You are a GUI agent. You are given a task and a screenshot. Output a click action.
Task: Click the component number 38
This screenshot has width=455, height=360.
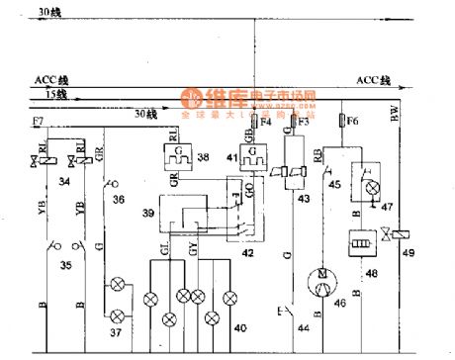pyautogui.click(x=203, y=155)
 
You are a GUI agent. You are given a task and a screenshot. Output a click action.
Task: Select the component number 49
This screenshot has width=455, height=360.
pyautogui.click(x=409, y=252)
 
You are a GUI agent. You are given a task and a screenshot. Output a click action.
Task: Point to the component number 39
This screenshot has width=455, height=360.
pyautogui.click(x=147, y=215)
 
